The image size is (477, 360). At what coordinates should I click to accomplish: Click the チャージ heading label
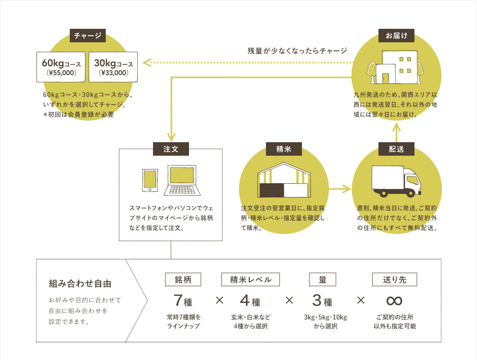point(88,36)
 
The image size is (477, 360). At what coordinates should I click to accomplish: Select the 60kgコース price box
point(62,67)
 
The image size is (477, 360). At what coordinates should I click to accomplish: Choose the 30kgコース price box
point(113,67)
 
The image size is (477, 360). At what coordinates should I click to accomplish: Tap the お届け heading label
point(396,36)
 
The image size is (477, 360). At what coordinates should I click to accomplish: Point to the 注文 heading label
point(171,149)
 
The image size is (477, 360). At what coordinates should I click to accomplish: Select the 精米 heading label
point(284,149)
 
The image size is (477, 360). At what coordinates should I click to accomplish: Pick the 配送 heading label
point(396,149)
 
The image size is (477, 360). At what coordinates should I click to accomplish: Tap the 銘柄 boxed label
point(183,279)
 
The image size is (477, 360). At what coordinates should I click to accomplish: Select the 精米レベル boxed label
point(251,279)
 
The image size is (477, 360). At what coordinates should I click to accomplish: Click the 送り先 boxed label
point(394,279)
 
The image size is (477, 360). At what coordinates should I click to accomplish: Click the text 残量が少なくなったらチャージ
point(297,50)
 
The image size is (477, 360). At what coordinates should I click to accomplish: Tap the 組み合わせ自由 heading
point(80,284)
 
